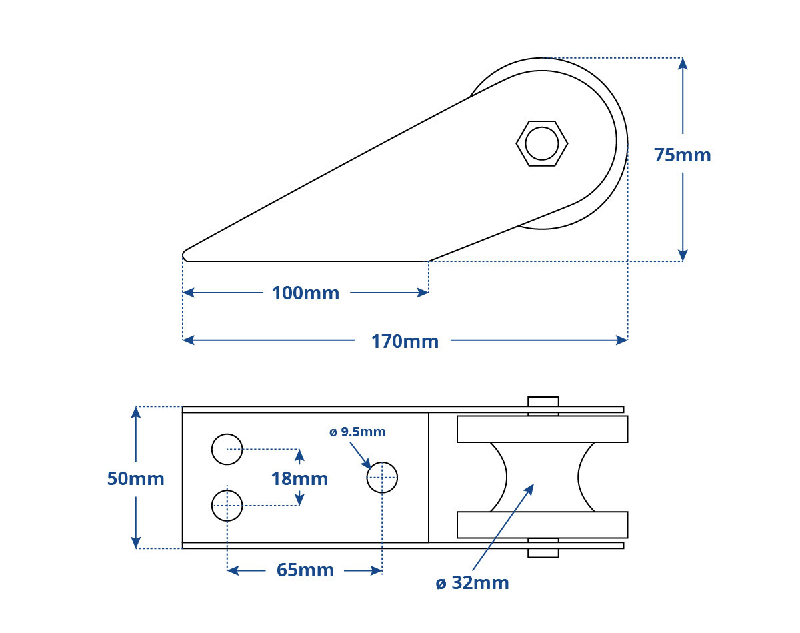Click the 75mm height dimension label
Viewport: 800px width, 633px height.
[x=682, y=155]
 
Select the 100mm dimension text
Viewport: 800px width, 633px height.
[x=305, y=293]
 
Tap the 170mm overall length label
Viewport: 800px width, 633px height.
[x=405, y=342]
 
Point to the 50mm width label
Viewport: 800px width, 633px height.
[x=136, y=478]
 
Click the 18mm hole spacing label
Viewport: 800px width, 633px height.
[x=299, y=478]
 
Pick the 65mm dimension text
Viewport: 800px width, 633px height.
[x=305, y=570]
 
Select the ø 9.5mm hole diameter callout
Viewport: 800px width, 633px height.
[x=357, y=432]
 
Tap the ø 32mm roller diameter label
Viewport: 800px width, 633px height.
[x=472, y=583]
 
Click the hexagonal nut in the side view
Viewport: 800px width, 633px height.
[x=541, y=143]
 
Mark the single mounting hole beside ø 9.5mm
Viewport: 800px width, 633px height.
[x=382, y=478]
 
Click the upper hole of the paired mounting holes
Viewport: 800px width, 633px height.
[x=227, y=449]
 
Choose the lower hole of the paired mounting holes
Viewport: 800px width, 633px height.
[x=227, y=506]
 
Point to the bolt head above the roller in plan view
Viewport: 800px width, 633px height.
[x=543, y=402]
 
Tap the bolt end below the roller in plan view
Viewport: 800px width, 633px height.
[x=543, y=553]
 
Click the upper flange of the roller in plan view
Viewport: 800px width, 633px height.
[x=543, y=429]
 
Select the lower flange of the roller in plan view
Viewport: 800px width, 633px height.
[x=543, y=525]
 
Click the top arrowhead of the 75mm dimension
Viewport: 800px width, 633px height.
[x=683, y=64]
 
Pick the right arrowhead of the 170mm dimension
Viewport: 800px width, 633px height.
[x=621, y=340]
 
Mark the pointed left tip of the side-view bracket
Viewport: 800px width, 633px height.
[x=183, y=256]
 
